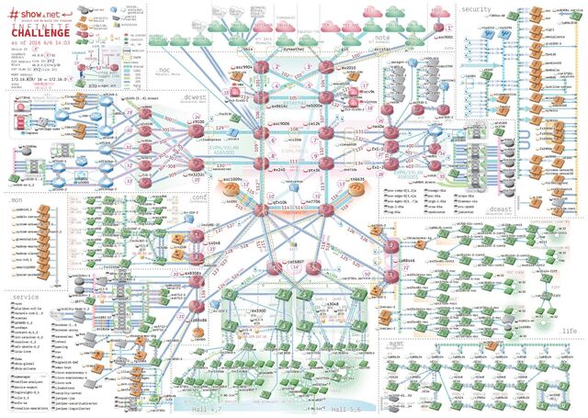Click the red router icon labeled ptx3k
tap(326, 169)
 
